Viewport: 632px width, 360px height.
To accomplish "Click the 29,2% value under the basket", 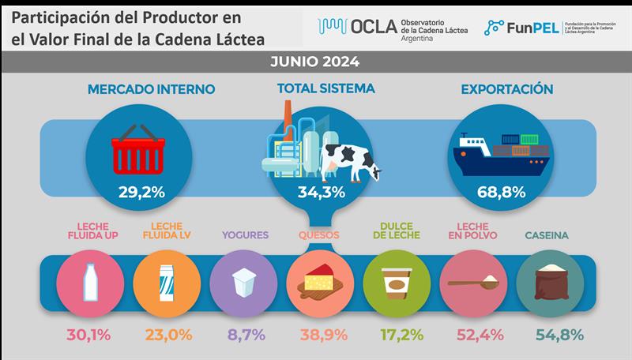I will (x=143, y=192).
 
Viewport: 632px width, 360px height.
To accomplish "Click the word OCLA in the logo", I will (x=369, y=28).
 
